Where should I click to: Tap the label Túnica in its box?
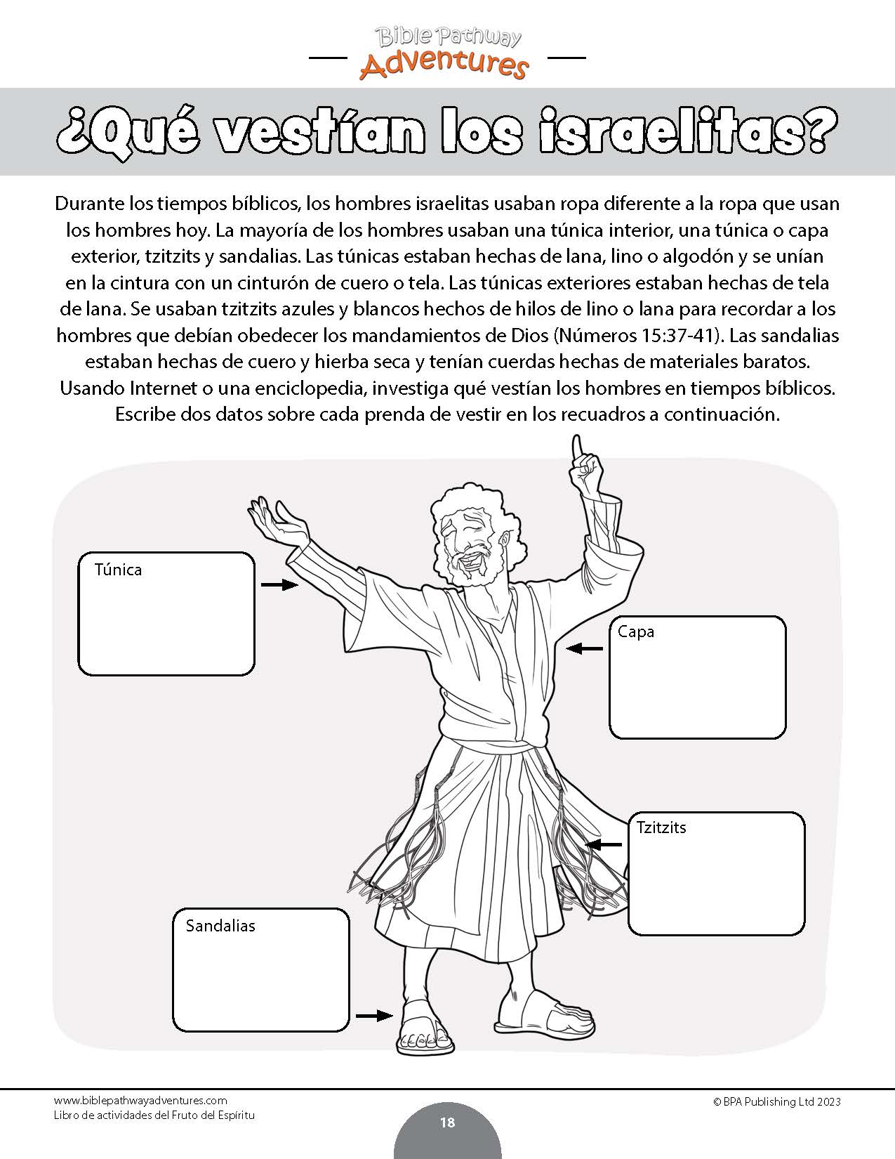[118, 570]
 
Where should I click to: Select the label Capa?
[636, 631]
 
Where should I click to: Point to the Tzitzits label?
[661, 827]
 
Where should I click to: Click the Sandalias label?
[220, 926]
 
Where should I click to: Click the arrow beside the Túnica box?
[279, 584]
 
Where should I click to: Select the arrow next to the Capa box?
[585, 649]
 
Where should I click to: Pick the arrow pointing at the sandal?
[374, 1015]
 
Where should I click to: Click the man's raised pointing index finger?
[578, 447]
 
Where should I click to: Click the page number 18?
[447, 1122]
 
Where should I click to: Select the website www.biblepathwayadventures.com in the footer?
[140, 1101]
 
